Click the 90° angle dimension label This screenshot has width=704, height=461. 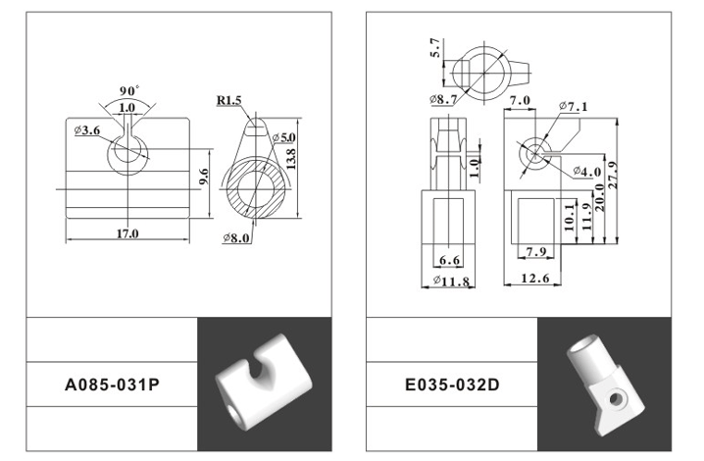pyautogui.click(x=129, y=90)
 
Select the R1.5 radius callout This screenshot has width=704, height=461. pyautogui.click(x=229, y=100)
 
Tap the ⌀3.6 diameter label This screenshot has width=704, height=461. pyautogui.click(x=87, y=130)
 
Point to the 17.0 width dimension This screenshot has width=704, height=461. pyautogui.click(x=127, y=233)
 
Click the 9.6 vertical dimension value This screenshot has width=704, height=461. pyautogui.click(x=203, y=177)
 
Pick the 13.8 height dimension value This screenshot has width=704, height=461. pyautogui.click(x=290, y=159)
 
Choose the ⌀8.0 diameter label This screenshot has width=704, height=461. pyautogui.click(x=236, y=237)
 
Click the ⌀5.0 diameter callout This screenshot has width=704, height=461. pyautogui.click(x=283, y=137)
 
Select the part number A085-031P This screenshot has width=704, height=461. pyautogui.click(x=112, y=385)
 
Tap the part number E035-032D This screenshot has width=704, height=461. pyautogui.click(x=452, y=385)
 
